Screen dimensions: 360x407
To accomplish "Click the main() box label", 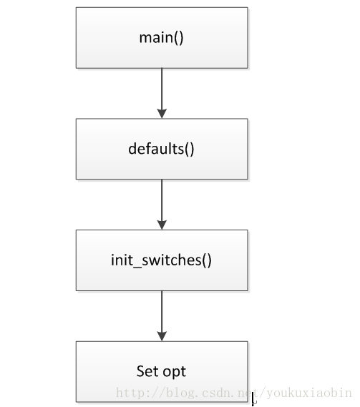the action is tap(161, 38).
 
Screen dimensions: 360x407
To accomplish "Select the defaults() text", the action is tap(161, 149).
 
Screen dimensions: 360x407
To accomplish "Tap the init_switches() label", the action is tap(161, 260).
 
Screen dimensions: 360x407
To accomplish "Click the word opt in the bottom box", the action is tap(175, 373).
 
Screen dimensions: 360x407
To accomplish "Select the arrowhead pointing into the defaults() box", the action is tap(162, 114).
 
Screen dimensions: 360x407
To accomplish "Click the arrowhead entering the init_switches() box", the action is tap(162, 225).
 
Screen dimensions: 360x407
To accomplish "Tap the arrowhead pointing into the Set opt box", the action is tap(162, 336).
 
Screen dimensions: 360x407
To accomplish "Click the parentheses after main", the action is tap(178, 39).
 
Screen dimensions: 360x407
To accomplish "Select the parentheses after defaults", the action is tap(190, 149).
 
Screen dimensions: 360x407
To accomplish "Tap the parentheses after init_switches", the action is tap(207, 260).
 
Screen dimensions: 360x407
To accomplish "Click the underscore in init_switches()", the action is tap(137, 267).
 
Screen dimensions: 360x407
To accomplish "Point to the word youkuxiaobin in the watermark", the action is tap(309, 393).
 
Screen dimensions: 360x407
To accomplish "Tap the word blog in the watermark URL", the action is tap(181, 393).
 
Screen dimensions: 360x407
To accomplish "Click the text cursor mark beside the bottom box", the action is tap(253, 398).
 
